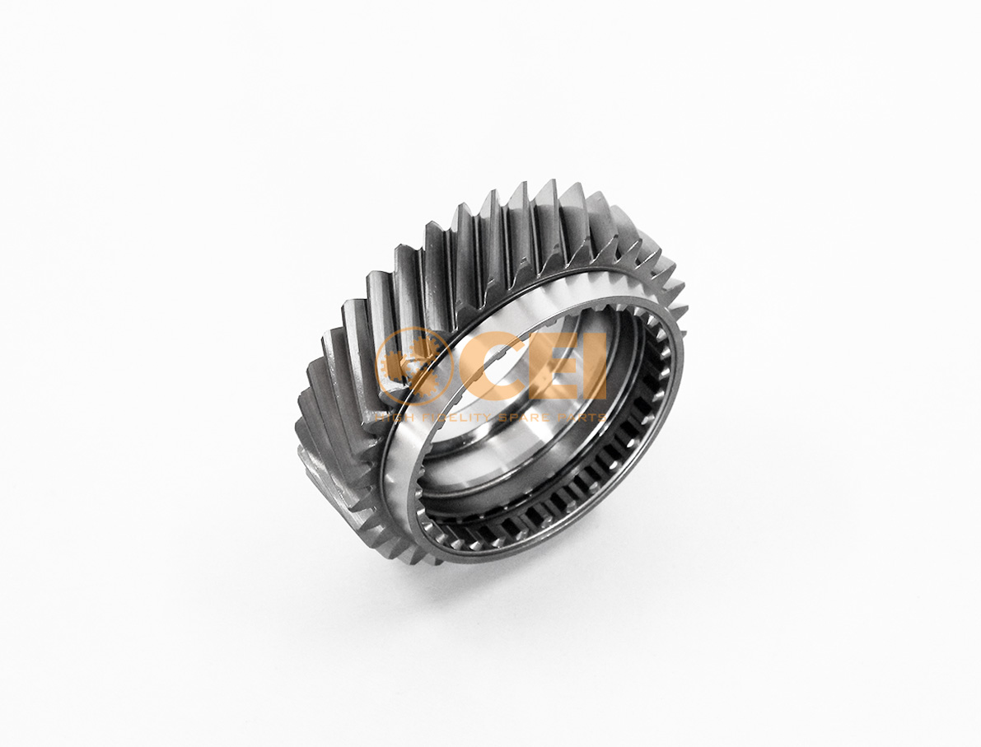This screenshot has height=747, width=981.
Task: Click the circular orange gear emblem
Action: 414,366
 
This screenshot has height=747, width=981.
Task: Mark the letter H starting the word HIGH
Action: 381,418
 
